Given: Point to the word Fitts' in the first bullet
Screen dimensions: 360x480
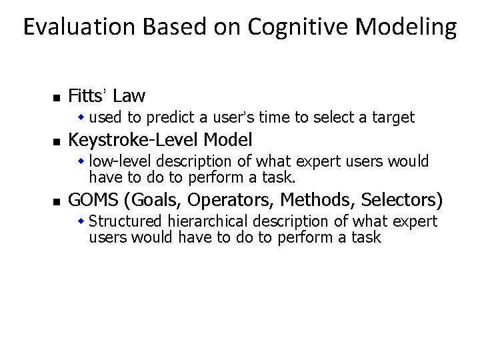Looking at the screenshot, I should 90,96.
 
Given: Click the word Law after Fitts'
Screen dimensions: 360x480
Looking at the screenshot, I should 131,96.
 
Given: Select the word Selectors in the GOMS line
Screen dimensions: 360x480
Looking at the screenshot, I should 399,199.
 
